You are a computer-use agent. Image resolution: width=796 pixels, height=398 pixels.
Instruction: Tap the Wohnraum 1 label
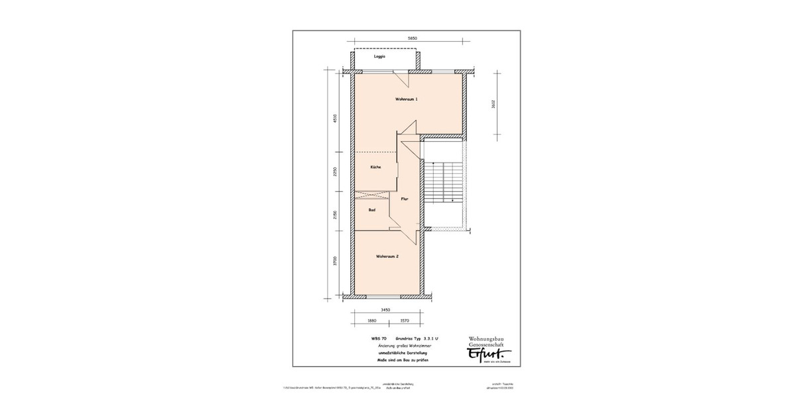(406, 99)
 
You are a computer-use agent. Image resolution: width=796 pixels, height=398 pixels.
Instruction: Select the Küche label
(375, 167)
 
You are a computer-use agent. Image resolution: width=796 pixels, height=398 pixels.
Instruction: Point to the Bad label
(372, 210)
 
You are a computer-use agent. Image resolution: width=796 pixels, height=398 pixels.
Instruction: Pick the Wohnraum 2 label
(387, 256)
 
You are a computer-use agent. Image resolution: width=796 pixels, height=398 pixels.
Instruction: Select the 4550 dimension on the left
(336, 118)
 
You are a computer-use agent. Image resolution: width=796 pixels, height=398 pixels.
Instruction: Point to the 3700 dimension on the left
(336, 260)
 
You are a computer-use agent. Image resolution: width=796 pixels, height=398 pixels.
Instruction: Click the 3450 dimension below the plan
(385, 310)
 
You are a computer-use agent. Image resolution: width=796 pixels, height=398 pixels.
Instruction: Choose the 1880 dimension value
(371, 320)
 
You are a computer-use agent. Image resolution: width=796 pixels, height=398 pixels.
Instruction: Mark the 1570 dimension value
(405, 320)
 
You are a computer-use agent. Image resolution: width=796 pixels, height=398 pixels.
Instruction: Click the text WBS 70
(379, 339)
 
